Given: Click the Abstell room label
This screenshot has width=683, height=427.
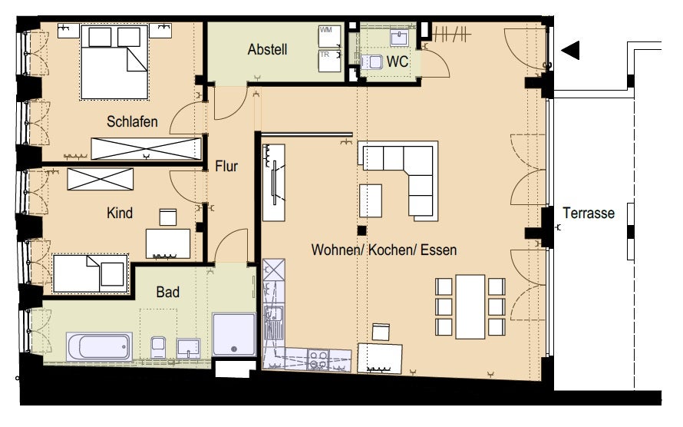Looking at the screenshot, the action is pyautogui.click(x=268, y=49).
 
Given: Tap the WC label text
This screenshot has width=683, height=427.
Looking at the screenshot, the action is pyautogui.click(x=398, y=61).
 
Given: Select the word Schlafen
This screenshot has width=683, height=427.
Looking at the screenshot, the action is pyautogui.click(x=132, y=121).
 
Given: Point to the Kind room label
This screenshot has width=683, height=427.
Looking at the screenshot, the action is pyautogui.click(x=120, y=213).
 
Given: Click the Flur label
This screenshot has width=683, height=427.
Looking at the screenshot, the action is pyautogui.click(x=226, y=166).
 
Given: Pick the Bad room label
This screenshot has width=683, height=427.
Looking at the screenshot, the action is pyautogui.click(x=168, y=292).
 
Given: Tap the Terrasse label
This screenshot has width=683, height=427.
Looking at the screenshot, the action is pyautogui.click(x=589, y=213).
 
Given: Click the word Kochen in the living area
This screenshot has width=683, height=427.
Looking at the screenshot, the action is pyautogui.click(x=389, y=250).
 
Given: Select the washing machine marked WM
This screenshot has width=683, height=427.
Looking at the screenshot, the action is pyautogui.click(x=329, y=36).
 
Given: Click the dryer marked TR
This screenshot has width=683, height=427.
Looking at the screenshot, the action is pyautogui.click(x=329, y=61).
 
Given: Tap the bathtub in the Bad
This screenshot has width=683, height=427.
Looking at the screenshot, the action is pyautogui.click(x=99, y=346).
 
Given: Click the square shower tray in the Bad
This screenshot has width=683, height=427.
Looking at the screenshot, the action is pyautogui.click(x=234, y=334).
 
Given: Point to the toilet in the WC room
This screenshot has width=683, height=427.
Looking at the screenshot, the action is pyautogui.click(x=371, y=61).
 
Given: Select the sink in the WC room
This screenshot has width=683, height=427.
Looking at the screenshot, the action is pyautogui.click(x=399, y=38).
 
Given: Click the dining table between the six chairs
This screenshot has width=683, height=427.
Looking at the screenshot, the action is pyautogui.click(x=470, y=306).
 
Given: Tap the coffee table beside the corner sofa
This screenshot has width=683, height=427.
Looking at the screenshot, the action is pyautogui.click(x=370, y=200).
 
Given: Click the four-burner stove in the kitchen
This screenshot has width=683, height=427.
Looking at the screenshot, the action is pyautogui.click(x=318, y=359).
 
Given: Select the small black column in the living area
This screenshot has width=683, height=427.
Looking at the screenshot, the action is pyautogui.click(x=361, y=230).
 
